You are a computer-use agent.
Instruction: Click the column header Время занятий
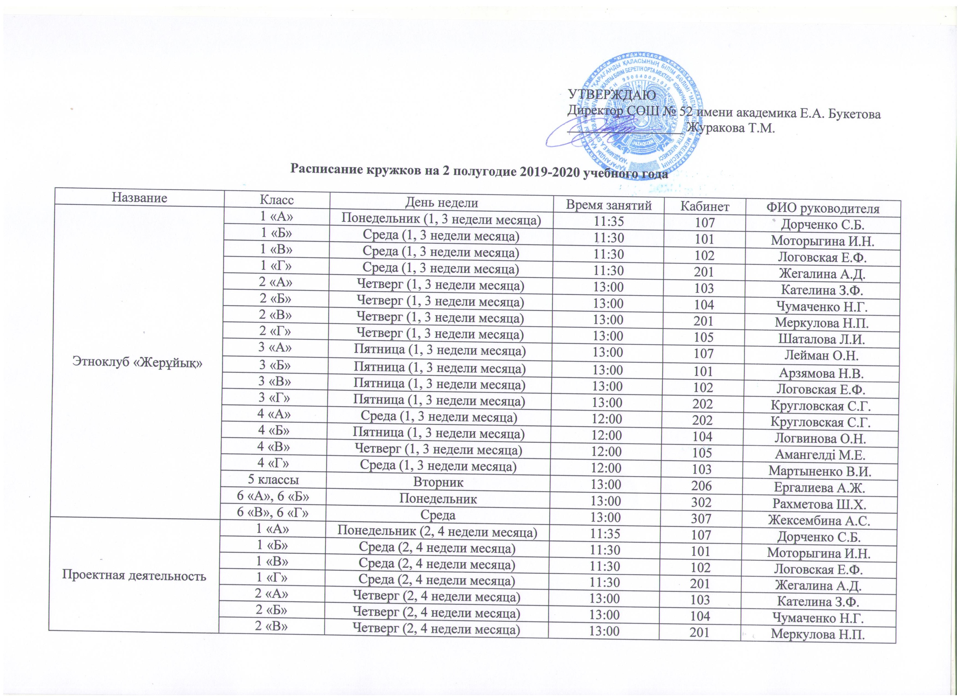(608, 205)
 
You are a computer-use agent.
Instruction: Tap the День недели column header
(441, 203)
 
